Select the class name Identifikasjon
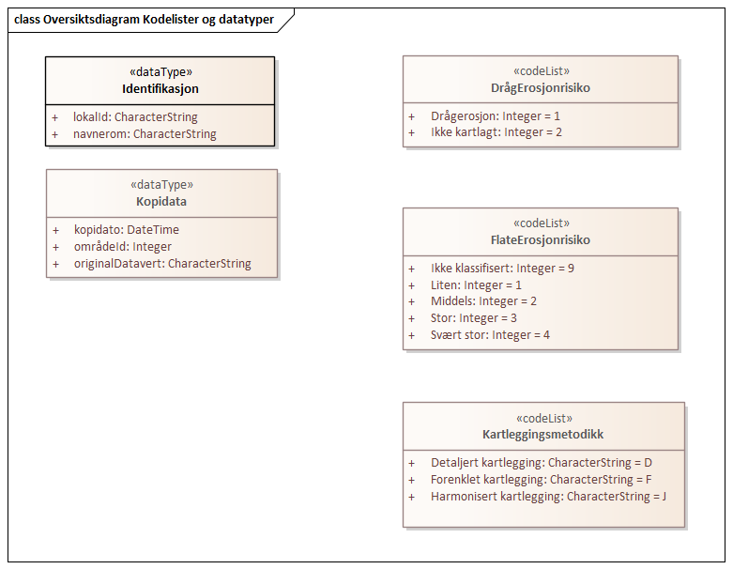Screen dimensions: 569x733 (x=160, y=89)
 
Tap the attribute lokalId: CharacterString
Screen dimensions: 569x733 (x=135, y=117)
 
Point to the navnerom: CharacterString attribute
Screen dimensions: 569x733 (x=145, y=134)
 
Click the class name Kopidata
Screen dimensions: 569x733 (x=161, y=201)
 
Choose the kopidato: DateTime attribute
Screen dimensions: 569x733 (x=126, y=229)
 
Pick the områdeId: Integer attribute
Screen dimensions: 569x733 (x=123, y=246)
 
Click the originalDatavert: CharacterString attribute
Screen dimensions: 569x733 (x=162, y=264)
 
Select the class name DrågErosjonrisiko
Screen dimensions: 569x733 (x=541, y=88)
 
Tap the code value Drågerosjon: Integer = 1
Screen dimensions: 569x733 (x=495, y=116)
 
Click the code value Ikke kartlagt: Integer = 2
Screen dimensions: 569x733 (x=496, y=132)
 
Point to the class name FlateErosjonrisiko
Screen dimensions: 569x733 (x=541, y=240)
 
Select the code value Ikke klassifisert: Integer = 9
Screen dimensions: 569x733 (x=502, y=269)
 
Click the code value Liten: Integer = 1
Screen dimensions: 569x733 (x=476, y=284)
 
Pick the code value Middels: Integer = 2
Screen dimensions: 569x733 (x=483, y=301)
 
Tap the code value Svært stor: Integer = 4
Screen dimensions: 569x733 (x=490, y=335)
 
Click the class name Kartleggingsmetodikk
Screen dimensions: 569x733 (x=543, y=435)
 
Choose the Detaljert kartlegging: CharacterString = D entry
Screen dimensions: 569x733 (x=541, y=463)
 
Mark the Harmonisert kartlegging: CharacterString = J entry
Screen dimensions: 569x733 (x=548, y=496)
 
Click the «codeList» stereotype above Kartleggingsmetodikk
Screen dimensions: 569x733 (x=543, y=419)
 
